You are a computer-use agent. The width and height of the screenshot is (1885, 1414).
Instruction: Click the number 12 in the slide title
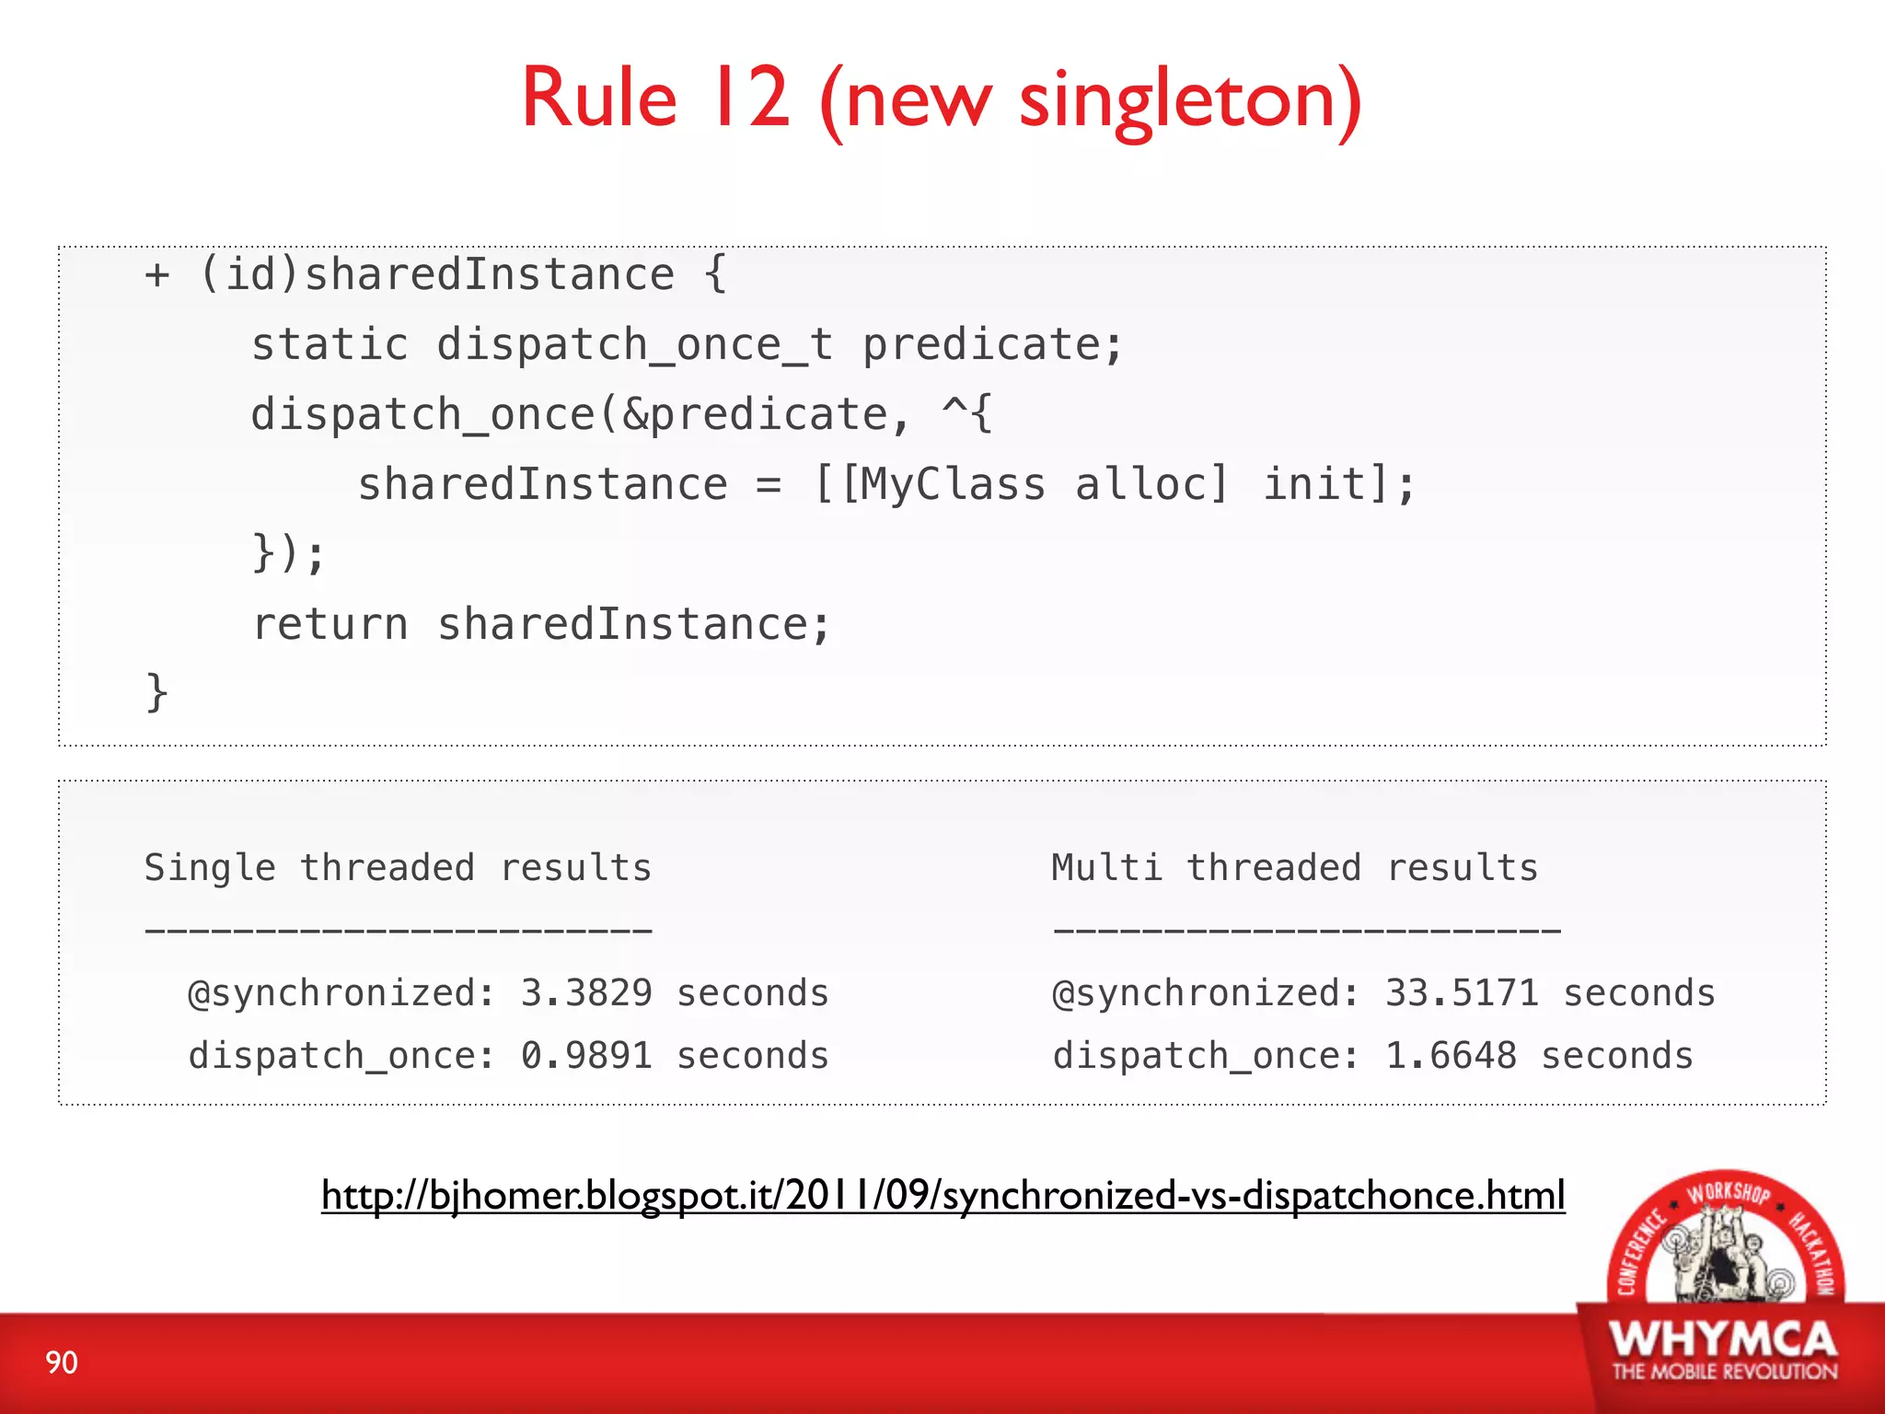(x=748, y=99)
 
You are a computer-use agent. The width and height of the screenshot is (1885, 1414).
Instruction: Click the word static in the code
(x=330, y=345)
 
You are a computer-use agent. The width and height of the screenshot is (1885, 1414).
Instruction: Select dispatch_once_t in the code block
(x=634, y=345)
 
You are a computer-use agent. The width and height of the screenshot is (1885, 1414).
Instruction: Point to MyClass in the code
(x=942, y=485)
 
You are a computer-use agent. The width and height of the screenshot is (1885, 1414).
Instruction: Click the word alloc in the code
(x=1151, y=485)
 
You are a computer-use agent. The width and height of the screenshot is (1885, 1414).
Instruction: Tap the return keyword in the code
(x=330, y=625)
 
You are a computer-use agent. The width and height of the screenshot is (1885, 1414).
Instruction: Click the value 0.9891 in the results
(x=586, y=1056)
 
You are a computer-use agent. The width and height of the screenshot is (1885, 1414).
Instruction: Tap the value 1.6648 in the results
(x=1451, y=1056)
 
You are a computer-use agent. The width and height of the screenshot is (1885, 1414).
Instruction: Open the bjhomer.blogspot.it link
(x=942, y=1196)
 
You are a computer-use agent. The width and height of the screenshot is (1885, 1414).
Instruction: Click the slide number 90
(x=62, y=1362)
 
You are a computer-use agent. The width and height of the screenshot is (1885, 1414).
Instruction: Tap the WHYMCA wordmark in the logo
(x=1723, y=1339)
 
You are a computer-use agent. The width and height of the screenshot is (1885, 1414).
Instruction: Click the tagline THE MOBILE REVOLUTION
(x=1724, y=1372)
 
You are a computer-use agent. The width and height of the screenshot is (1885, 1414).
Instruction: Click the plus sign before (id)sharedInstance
(x=157, y=275)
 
